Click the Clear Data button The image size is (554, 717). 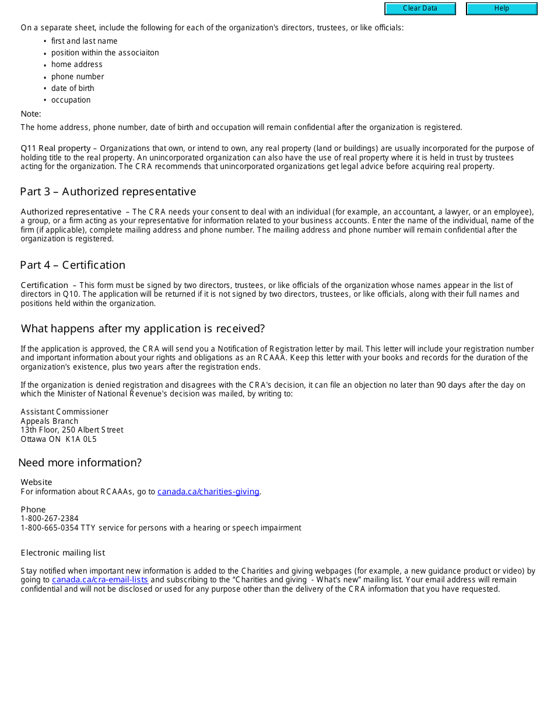(x=420, y=9)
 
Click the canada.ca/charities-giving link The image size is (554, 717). (x=208, y=492)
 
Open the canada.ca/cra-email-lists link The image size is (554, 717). (x=100, y=580)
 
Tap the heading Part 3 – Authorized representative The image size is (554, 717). (x=108, y=192)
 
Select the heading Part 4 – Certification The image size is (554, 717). (x=72, y=265)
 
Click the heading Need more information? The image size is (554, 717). (x=80, y=463)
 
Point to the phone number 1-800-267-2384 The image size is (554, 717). (x=50, y=519)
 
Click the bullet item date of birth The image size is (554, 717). (x=72, y=89)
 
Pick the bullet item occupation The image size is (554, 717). (x=71, y=100)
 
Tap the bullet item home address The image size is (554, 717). (x=76, y=65)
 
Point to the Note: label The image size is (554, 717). (x=31, y=114)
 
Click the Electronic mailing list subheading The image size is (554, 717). (x=63, y=553)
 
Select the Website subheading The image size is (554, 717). (x=36, y=483)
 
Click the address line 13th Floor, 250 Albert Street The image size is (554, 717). (x=72, y=430)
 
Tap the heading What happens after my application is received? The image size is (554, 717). (x=143, y=329)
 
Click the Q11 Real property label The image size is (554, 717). (x=55, y=149)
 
